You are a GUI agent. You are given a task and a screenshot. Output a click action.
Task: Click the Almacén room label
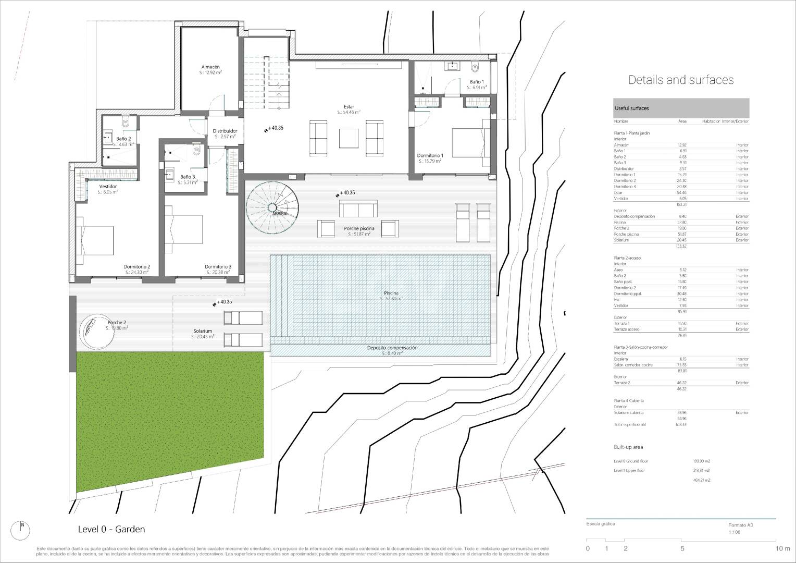point(210,67)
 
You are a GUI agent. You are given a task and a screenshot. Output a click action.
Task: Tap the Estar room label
point(349,107)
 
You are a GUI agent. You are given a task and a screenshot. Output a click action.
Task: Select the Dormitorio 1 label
point(430,156)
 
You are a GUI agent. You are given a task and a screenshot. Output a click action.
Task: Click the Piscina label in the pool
point(391,293)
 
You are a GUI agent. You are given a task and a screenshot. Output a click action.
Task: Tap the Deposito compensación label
point(392,348)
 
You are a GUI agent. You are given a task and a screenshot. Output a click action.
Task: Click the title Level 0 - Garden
point(111,529)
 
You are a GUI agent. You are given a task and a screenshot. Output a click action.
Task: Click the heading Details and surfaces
point(681,80)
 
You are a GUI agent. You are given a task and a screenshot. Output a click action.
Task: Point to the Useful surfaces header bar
point(681,108)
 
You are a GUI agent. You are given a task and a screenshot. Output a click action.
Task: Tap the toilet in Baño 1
point(474,67)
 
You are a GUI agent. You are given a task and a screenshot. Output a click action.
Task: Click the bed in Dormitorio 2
point(95,240)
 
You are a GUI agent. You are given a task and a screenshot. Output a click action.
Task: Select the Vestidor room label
point(108,186)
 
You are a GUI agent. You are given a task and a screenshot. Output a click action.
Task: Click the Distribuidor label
point(225,131)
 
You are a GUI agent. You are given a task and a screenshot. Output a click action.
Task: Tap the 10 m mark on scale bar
point(782,548)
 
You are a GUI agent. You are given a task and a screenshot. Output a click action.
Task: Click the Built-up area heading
point(628,447)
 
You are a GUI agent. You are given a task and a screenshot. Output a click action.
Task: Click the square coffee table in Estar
point(349,139)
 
